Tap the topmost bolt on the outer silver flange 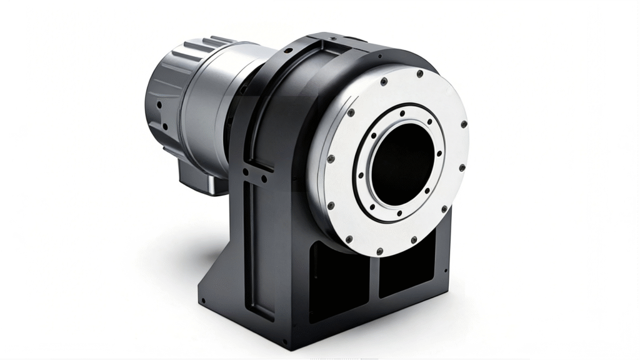[419, 73]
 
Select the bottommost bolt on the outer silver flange [379, 251]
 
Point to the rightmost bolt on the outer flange [464, 124]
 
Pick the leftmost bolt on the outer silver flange [331, 158]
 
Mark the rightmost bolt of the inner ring [439, 153]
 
